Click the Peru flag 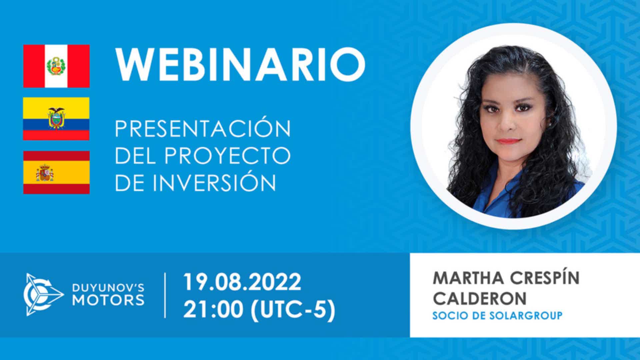[56, 66]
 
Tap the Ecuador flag [56, 119]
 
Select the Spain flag [56, 172]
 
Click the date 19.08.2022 [242, 282]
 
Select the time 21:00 [213, 310]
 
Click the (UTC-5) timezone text [293, 310]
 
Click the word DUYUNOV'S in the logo [108, 288]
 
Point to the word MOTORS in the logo [108, 300]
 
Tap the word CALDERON [480, 298]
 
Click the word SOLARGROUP [526, 315]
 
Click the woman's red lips [510, 141]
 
